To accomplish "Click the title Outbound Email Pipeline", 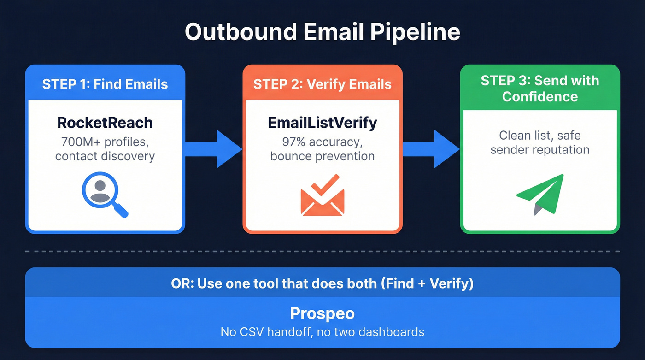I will click(x=322, y=32).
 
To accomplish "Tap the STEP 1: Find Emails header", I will click(x=105, y=84).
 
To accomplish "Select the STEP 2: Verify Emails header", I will click(x=322, y=84).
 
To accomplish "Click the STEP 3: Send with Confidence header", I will click(x=539, y=89).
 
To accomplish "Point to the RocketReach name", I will click(x=105, y=123).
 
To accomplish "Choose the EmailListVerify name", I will click(x=322, y=123).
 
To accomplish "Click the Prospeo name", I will click(x=322, y=313).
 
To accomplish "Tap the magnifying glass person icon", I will click(x=104, y=194).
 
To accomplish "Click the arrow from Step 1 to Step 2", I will click(x=213, y=149).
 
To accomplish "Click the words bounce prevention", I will click(x=322, y=156).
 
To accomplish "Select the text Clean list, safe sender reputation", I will click(x=539, y=142).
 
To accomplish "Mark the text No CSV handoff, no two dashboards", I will click(x=322, y=331).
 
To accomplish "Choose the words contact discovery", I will click(x=105, y=156).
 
